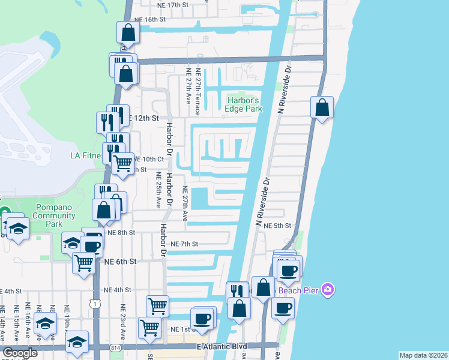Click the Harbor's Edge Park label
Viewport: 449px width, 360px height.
243,104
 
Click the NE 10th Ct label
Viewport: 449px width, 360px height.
148,159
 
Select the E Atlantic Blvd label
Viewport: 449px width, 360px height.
231,347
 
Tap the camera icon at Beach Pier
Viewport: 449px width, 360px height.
327,290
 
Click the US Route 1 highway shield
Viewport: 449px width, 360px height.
95,305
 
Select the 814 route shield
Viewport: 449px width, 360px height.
116,347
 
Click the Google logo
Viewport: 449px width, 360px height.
20,353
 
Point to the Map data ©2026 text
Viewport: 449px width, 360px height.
423,355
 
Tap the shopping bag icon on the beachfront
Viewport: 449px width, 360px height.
322,107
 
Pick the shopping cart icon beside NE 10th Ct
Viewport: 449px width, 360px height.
123,161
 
